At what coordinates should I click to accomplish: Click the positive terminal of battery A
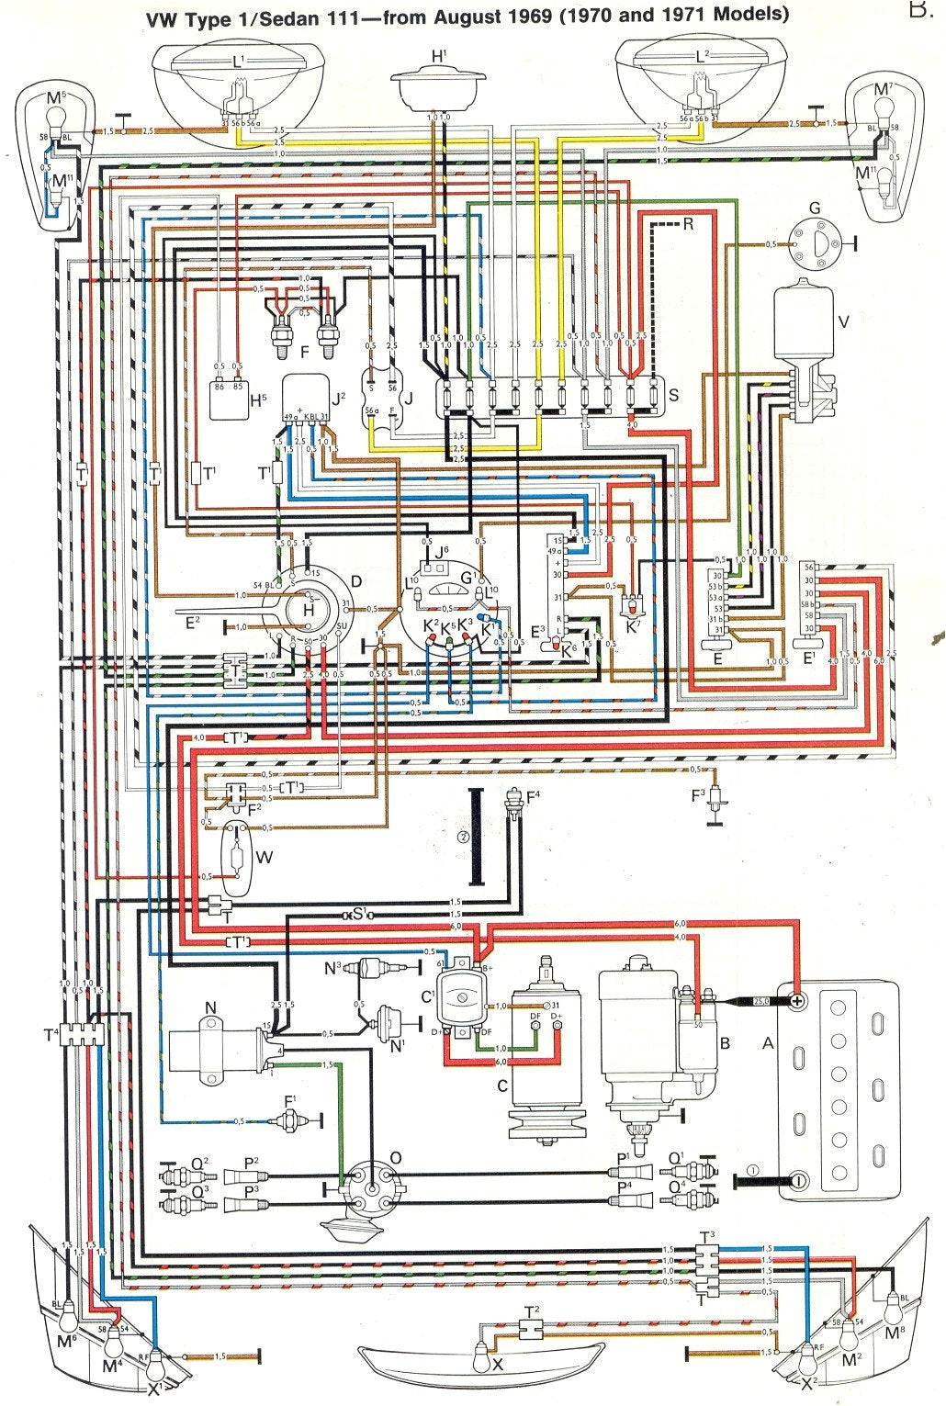pos(797,1000)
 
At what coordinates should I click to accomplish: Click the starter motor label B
pos(725,1043)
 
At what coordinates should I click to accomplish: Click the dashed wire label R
pos(688,224)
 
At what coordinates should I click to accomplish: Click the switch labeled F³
pos(713,800)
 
